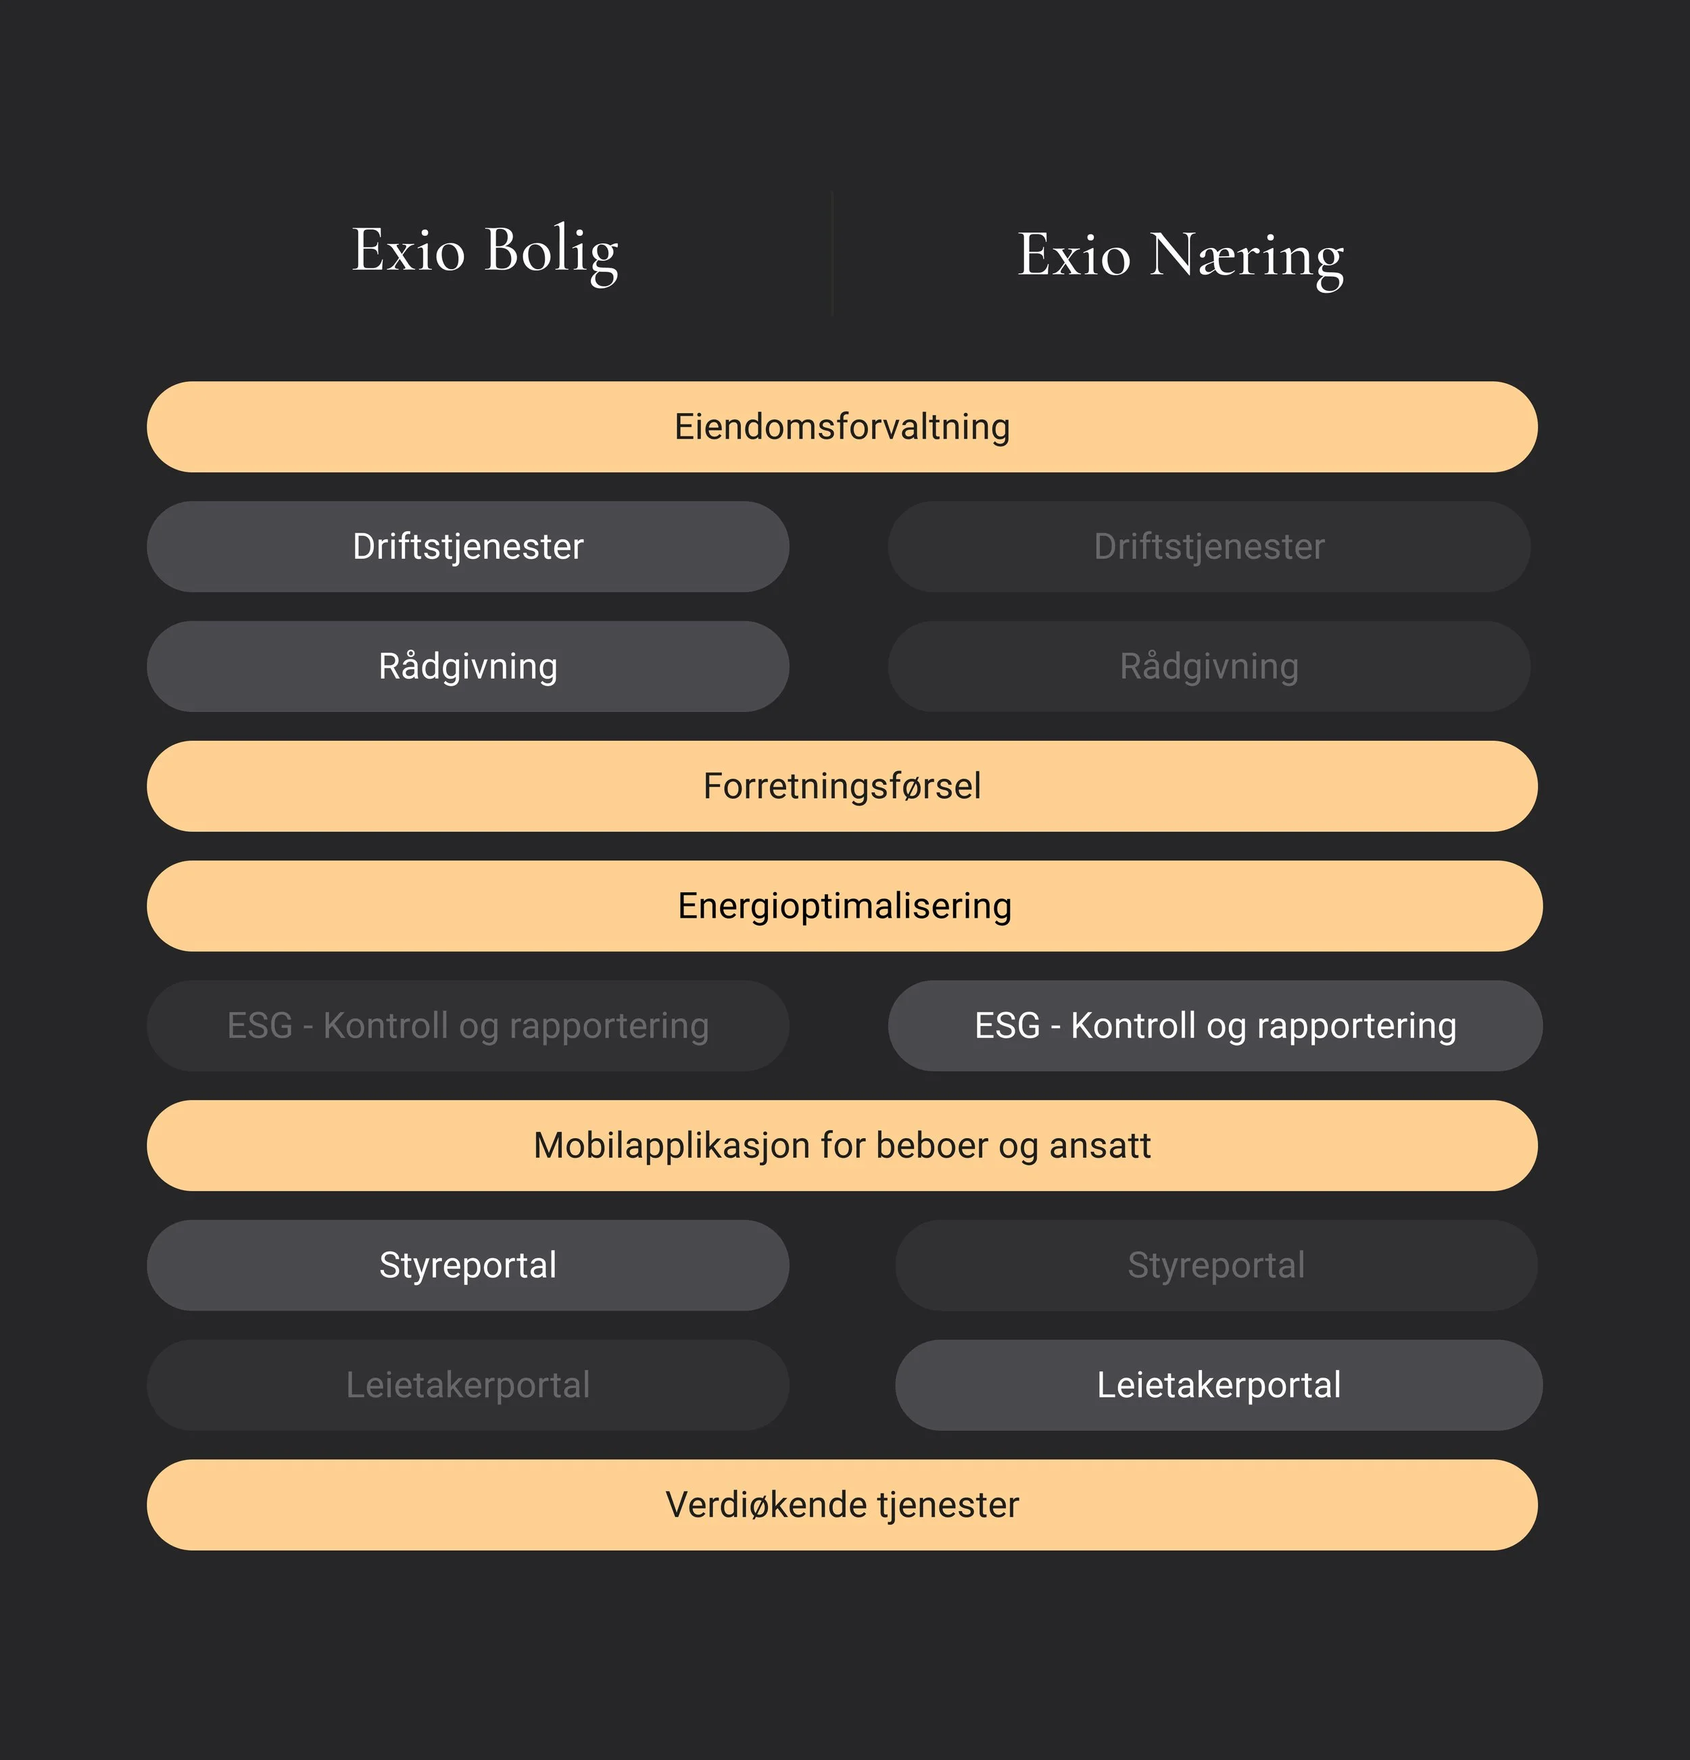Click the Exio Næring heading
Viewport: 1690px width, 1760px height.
[x=1180, y=258]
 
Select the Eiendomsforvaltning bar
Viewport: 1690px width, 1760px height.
[x=842, y=426]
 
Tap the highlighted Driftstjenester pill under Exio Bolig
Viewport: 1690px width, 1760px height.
[x=468, y=546]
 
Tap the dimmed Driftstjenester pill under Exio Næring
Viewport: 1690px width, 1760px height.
[x=1209, y=546]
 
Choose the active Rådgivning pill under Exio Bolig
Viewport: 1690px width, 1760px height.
[x=468, y=666]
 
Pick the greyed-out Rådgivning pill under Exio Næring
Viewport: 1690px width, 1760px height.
[x=1209, y=666]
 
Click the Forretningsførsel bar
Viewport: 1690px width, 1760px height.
[x=842, y=785]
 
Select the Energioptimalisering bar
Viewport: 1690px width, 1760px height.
[x=845, y=906]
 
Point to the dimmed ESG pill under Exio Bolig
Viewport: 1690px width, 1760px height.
[x=468, y=1025]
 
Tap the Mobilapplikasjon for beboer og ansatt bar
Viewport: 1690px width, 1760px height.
[x=842, y=1146]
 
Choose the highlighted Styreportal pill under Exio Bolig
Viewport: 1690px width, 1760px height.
[x=468, y=1265]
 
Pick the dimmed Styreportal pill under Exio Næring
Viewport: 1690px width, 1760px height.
[x=1217, y=1265]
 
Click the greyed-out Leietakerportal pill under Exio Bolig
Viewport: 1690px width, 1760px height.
[x=468, y=1385]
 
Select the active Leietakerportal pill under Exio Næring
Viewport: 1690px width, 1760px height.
[x=1220, y=1385]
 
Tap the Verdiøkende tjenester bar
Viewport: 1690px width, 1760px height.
[x=842, y=1505]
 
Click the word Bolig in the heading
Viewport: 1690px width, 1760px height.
[x=552, y=254]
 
